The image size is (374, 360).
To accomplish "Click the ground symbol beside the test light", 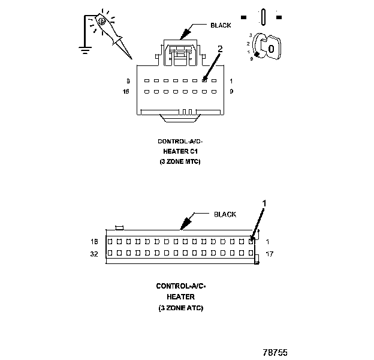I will pos(85,49).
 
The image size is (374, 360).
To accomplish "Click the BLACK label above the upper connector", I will pos(220,26).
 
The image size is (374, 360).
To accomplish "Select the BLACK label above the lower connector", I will pos(225,214).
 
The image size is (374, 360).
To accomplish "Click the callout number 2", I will pos(220,50).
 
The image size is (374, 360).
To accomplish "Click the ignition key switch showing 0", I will pos(267,47).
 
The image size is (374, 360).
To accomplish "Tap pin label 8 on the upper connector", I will pos(127,80).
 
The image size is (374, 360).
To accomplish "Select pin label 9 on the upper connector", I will pos(231,92).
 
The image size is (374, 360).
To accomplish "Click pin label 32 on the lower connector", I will pos(94,254).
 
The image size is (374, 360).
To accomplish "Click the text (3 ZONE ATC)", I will pos(181,308).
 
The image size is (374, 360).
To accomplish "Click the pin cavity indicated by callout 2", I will pos(204,80).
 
